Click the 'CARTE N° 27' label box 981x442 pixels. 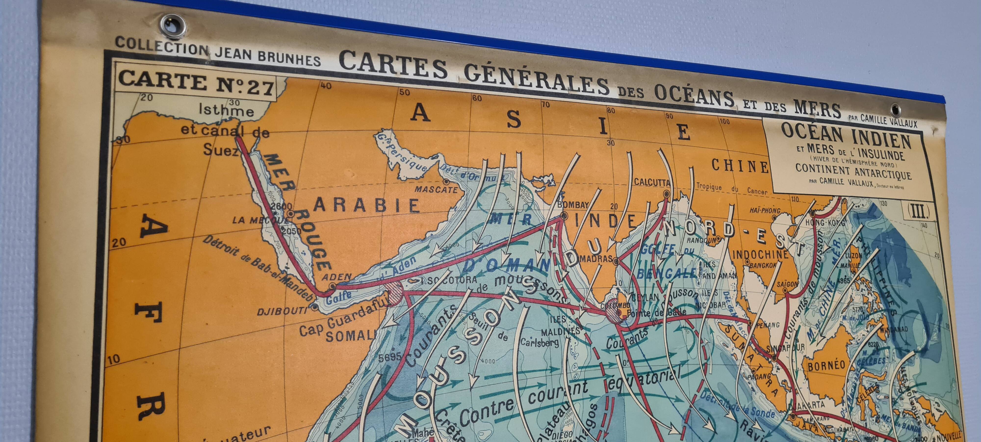(196, 83)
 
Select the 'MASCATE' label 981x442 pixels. (436, 189)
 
